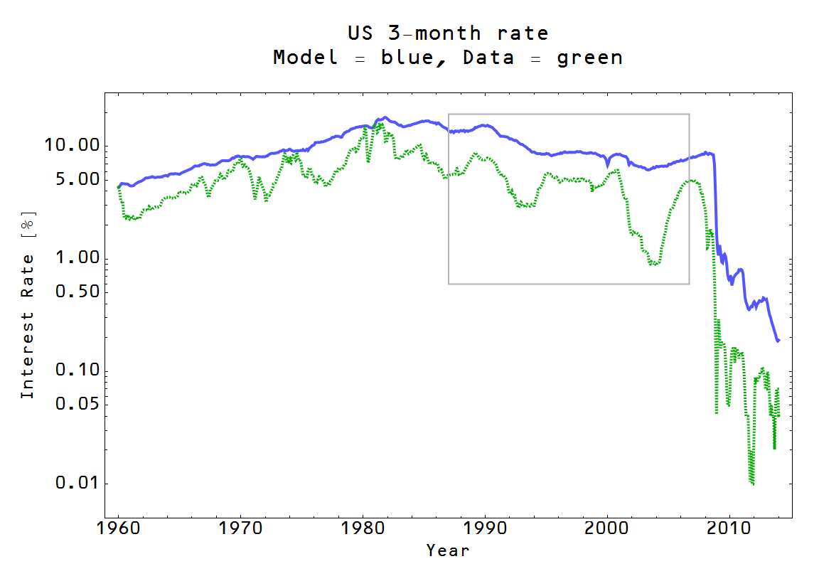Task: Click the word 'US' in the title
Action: (362, 33)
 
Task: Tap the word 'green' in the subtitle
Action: (589, 58)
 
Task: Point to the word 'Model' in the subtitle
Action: (305, 58)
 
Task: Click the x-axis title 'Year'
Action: (448, 550)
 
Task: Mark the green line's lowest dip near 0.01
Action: (751, 482)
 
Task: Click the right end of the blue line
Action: (778, 340)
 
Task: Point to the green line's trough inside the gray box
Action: (653, 264)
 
